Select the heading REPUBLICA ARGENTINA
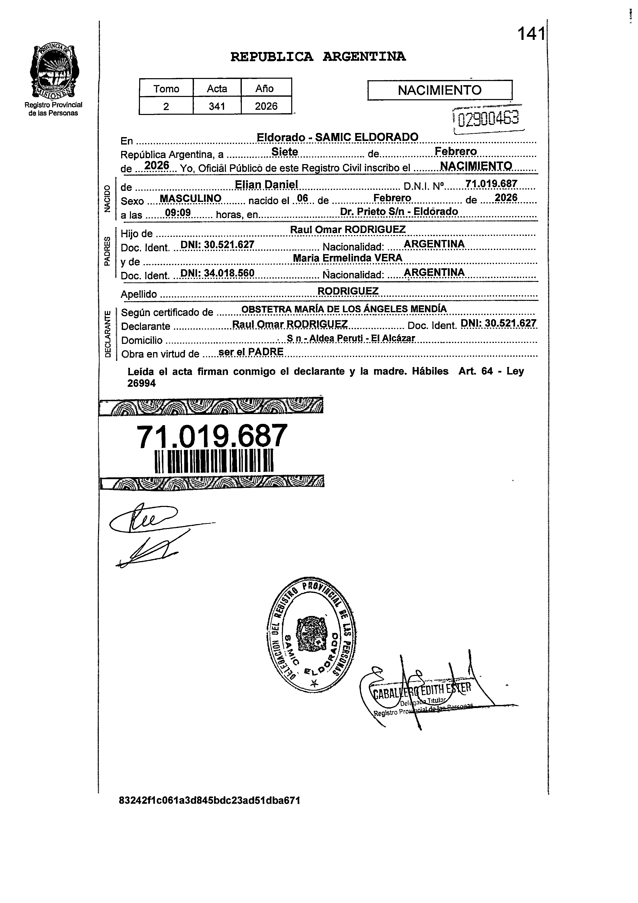[318, 57]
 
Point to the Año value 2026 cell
[266, 106]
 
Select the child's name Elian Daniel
[266, 184]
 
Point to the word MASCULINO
[191, 199]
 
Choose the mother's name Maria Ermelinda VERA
[347, 258]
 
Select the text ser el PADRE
[251, 352]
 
